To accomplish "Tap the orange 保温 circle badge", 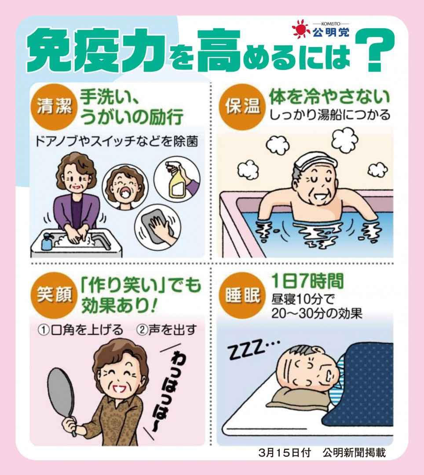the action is [243, 106].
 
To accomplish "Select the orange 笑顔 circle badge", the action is [54, 294].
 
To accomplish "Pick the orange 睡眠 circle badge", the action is [243, 294].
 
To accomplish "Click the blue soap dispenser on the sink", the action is [47, 242].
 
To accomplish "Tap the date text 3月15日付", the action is [285, 453].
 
